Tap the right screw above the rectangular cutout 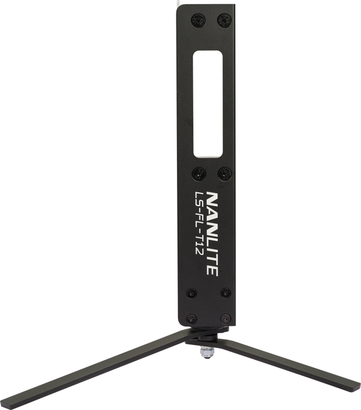pyautogui.click(x=224, y=20)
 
